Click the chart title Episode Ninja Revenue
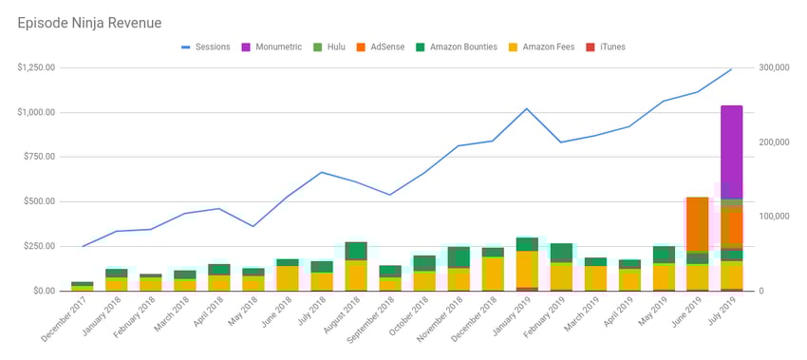(89, 22)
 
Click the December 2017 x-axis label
(67, 319)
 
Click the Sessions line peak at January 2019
(527, 108)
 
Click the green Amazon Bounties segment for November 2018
(459, 257)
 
